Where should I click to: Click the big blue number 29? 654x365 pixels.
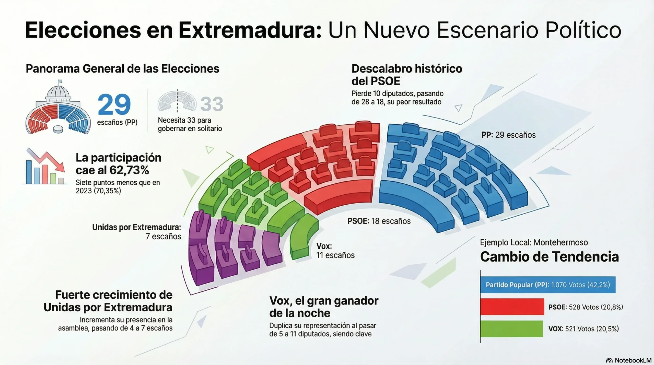114,104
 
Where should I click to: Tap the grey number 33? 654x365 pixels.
212,104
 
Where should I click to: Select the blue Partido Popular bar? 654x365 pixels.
548,285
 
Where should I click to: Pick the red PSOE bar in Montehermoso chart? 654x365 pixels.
512,307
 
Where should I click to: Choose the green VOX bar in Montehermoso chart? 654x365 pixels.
511,329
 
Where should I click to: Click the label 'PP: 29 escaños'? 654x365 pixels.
508,135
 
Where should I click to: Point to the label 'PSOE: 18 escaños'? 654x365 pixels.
379,221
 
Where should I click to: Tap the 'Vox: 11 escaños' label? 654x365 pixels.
335,251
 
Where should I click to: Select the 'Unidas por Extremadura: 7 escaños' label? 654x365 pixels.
137,232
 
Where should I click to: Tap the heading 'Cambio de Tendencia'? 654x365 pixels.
549,257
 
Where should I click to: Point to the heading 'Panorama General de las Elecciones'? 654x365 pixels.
122,69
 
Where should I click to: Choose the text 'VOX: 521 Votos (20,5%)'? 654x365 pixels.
583,329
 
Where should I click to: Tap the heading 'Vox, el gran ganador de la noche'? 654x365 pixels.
324,307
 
